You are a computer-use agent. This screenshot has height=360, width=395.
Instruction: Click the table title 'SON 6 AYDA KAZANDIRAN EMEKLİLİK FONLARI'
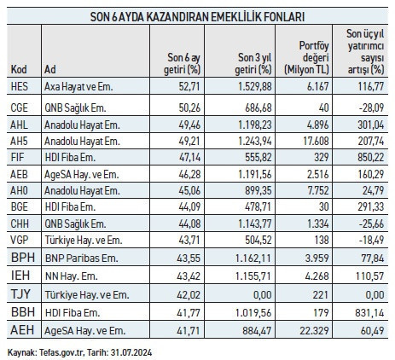[x=198, y=15]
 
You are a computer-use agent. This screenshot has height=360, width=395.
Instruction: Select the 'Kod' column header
[x=19, y=67]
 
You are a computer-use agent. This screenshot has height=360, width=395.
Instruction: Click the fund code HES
[x=20, y=86]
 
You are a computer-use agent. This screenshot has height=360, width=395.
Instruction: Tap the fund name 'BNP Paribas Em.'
[x=84, y=257]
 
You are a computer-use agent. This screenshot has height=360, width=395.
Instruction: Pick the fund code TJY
[x=20, y=293]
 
